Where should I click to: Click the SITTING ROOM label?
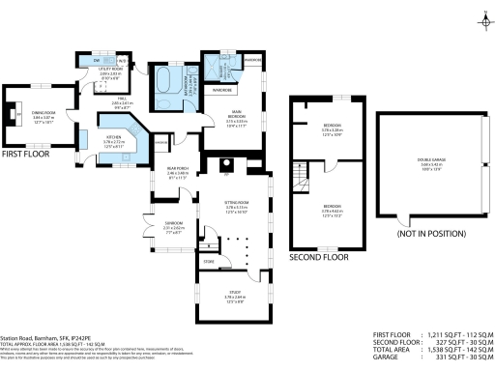(237, 208)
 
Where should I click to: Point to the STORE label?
(208, 261)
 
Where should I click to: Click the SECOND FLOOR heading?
(319, 258)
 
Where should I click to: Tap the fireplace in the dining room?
(13, 115)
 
